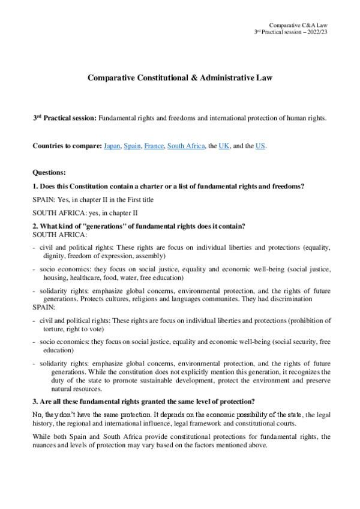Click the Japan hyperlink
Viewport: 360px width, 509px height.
[112, 146]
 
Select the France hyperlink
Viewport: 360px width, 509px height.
[154, 146]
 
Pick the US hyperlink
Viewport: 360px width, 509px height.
[259, 146]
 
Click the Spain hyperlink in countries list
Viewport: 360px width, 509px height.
[132, 146]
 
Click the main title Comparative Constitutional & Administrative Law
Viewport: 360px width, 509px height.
[180, 78]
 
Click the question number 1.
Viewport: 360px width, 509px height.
[35, 186]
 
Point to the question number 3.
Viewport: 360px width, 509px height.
[35, 400]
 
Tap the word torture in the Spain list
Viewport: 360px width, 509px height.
[54, 330]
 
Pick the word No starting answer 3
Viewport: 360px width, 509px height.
[37, 414]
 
